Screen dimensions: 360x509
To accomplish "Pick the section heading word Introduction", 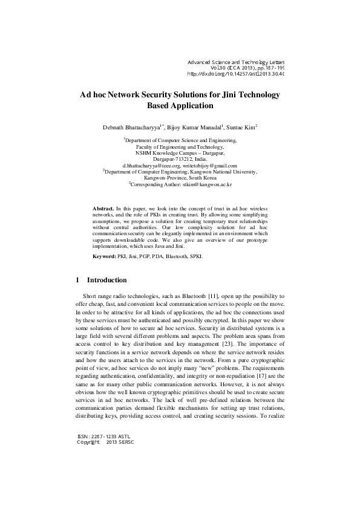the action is coord(107,280).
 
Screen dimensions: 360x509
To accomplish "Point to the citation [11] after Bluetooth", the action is coord(213,296).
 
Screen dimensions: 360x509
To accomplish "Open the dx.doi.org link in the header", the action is coord(236,74).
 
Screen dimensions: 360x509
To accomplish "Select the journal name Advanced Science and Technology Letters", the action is coord(236,62).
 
